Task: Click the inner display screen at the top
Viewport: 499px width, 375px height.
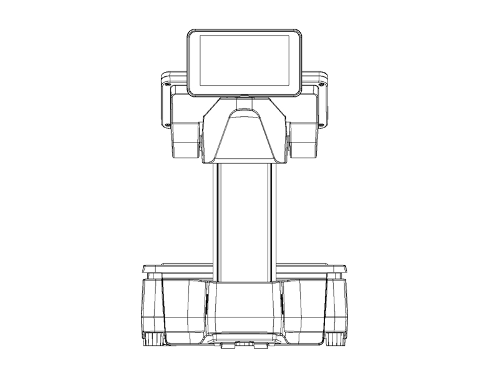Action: [x=245, y=61]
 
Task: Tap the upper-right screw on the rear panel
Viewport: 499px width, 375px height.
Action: [x=323, y=82]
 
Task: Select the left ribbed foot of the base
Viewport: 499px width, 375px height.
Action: [x=153, y=339]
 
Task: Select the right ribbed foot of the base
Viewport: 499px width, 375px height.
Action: [x=336, y=339]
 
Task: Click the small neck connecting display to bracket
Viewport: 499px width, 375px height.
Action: [x=245, y=97]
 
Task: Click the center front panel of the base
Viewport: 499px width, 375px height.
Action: [x=245, y=309]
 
